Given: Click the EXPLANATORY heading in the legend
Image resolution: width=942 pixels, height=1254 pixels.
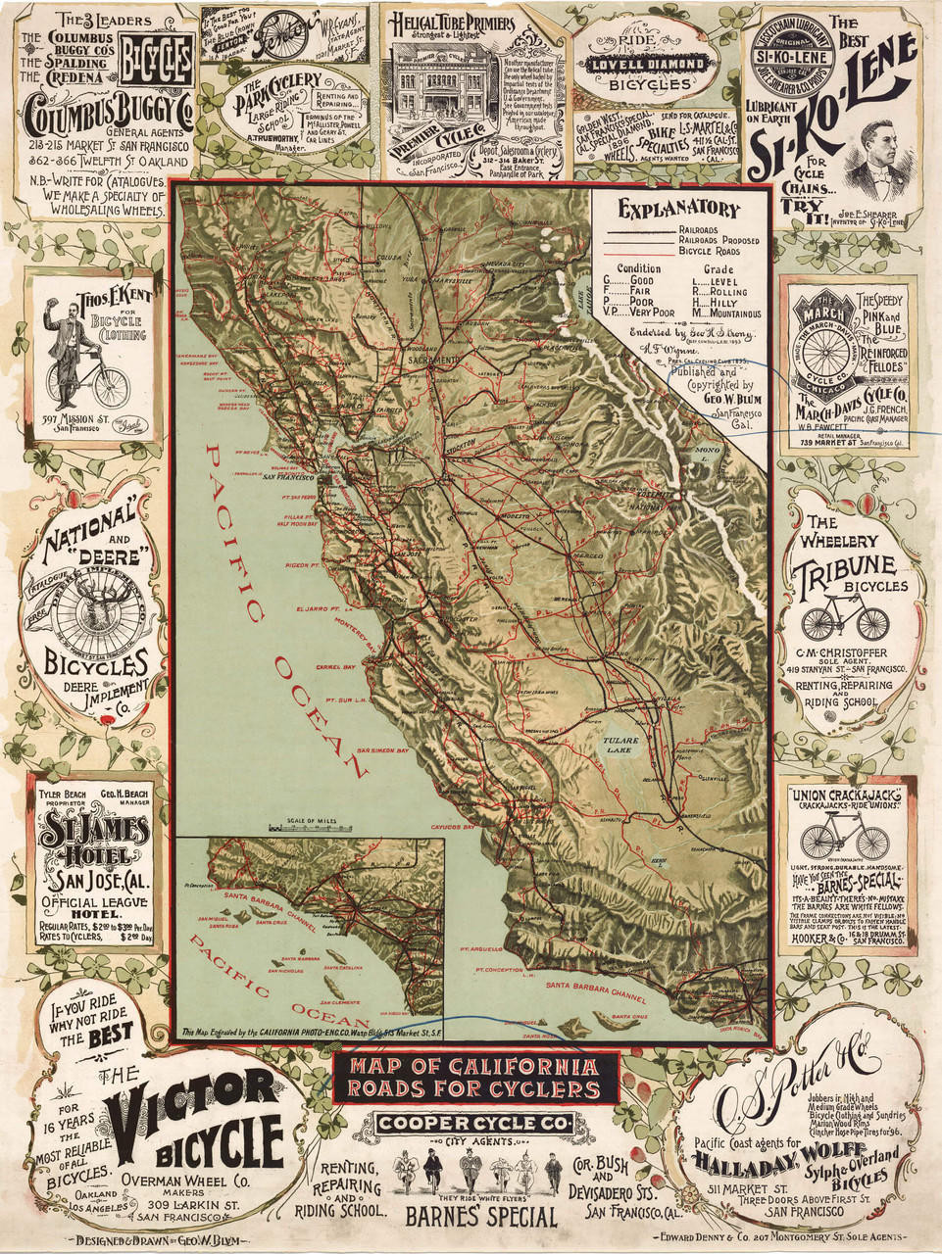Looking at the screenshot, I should [x=678, y=209].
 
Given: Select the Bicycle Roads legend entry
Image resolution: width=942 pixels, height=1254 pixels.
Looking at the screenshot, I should [x=709, y=252].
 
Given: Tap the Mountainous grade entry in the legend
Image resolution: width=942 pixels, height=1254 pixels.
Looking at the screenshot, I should [x=725, y=314].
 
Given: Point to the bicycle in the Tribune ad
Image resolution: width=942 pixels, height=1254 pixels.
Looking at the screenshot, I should [x=844, y=619].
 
